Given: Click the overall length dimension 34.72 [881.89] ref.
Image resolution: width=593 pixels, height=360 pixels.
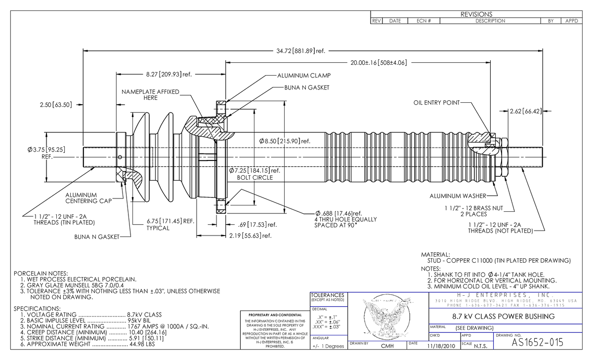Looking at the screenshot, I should point(300,51).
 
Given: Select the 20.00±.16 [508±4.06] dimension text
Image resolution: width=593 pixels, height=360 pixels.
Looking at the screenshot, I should point(378,63).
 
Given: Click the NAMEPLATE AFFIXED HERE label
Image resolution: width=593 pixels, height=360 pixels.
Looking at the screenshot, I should point(151,95).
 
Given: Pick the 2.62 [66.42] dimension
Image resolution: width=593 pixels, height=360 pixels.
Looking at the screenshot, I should point(525,111).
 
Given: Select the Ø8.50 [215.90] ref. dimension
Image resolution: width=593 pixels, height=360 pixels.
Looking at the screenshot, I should point(284,141).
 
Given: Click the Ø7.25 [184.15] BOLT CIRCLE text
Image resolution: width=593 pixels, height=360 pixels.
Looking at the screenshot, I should point(254,174).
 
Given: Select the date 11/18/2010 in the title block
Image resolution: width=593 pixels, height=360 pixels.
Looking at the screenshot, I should point(440,346).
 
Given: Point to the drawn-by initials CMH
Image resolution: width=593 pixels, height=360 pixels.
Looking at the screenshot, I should point(387,346).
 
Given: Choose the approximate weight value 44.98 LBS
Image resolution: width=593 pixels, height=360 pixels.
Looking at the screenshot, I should point(141,344).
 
